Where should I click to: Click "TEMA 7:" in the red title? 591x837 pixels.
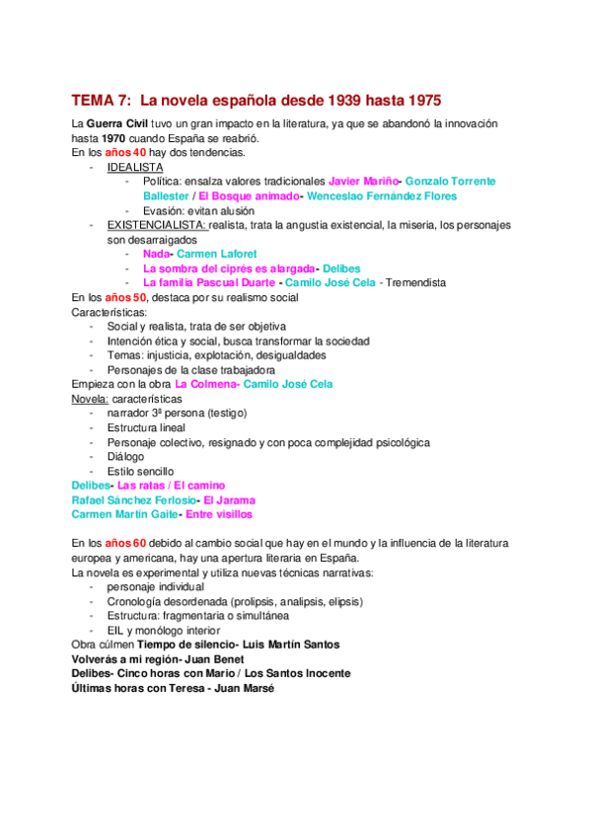pyautogui.click(x=101, y=100)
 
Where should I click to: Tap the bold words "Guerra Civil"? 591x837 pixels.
pyautogui.click(x=119, y=123)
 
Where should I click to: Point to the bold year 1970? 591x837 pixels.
pyautogui.click(x=111, y=138)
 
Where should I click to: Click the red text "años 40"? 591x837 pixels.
pyautogui.click(x=125, y=153)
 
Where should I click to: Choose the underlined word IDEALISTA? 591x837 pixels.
pyautogui.click(x=135, y=167)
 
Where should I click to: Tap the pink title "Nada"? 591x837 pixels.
pyautogui.click(x=157, y=254)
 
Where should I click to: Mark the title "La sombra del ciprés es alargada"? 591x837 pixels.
pyautogui.click(x=229, y=268)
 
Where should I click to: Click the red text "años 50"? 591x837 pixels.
pyautogui.click(x=125, y=297)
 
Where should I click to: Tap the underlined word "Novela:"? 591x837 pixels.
pyautogui.click(x=91, y=399)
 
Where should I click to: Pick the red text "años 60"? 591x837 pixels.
pyautogui.click(x=125, y=543)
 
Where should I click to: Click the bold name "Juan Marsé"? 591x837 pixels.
pyautogui.click(x=245, y=688)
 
